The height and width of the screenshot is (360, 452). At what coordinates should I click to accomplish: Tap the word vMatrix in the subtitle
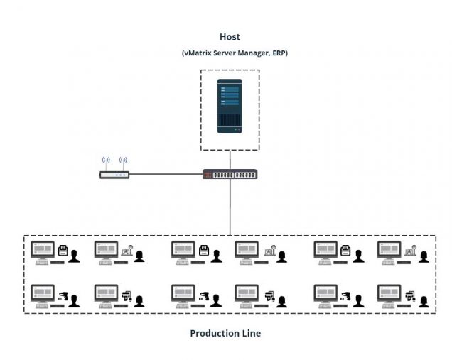click(x=200, y=53)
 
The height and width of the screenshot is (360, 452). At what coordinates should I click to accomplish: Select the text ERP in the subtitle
click(x=276, y=53)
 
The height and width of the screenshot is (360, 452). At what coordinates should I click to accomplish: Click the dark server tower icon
click(x=230, y=106)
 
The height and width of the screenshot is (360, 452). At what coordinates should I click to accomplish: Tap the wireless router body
click(x=114, y=174)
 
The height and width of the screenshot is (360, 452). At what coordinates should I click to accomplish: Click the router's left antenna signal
click(x=106, y=161)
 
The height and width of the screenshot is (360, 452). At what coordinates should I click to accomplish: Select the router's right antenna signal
click(x=123, y=161)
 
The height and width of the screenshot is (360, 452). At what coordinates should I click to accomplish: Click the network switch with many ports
click(x=230, y=174)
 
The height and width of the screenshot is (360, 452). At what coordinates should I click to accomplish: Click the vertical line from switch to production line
click(x=230, y=206)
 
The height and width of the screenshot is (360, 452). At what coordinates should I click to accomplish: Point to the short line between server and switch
click(x=230, y=160)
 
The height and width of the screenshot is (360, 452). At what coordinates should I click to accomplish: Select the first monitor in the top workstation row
click(x=42, y=250)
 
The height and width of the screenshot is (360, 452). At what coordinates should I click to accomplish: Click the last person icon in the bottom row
click(x=424, y=300)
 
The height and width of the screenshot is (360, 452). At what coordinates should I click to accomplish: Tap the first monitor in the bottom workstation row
click(x=42, y=293)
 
